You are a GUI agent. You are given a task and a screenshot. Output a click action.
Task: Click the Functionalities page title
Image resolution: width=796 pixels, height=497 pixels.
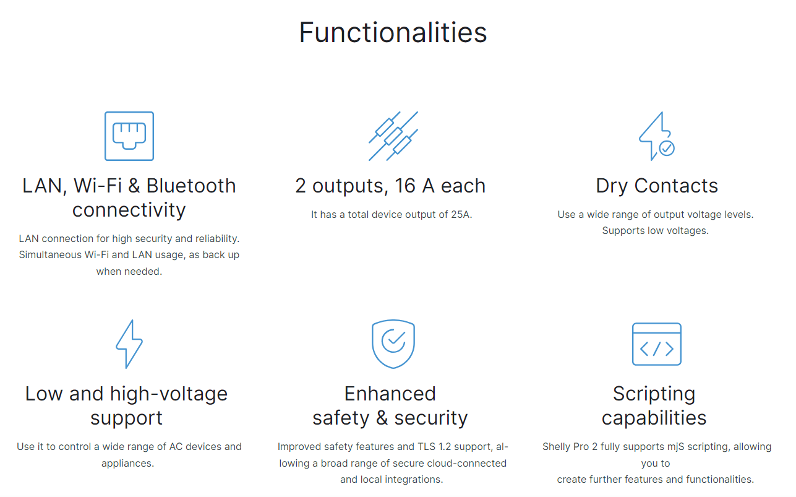point(393,32)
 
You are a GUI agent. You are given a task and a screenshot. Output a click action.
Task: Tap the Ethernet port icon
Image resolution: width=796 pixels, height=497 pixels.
point(129,136)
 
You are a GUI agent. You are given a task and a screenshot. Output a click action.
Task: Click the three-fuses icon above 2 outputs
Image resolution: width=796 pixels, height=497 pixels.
point(393,136)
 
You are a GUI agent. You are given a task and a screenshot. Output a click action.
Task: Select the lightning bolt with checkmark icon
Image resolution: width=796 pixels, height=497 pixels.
point(656,136)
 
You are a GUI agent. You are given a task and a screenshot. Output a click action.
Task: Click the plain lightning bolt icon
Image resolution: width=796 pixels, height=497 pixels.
point(129,344)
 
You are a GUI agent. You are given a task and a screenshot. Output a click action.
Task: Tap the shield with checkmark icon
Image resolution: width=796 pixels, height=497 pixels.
point(393,344)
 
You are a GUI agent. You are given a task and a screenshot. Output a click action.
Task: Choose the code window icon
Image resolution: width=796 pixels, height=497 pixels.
point(657,344)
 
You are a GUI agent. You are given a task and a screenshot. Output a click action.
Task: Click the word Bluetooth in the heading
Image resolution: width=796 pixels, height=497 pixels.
point(191,186)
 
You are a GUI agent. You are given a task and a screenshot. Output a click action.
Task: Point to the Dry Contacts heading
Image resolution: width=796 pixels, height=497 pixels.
point(657,186)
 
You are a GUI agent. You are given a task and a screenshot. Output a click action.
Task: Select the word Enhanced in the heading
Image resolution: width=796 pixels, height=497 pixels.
point(390,394)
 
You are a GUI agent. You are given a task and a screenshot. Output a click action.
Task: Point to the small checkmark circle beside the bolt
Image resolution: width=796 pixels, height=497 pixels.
point(667,149)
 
